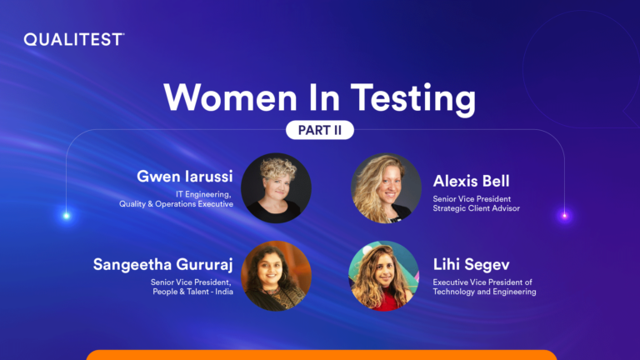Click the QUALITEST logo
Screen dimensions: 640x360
74,40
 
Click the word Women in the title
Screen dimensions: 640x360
230,97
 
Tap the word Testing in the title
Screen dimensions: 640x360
413,99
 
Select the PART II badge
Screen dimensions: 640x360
320,130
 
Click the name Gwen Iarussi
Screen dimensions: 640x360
184,177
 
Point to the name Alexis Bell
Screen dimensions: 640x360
471,181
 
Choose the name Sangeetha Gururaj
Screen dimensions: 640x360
162,264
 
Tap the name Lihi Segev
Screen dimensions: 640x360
471,264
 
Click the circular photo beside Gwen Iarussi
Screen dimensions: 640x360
276,188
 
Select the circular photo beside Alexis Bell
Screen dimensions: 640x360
386,188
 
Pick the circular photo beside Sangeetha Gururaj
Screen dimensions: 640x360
276,276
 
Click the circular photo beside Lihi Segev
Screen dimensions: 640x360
383,276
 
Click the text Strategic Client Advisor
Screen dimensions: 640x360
477,208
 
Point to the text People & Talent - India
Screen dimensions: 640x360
193,292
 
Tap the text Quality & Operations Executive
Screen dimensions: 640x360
177,204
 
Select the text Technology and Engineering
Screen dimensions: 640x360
484,292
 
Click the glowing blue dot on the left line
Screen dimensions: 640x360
66,216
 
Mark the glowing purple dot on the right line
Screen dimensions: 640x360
565,216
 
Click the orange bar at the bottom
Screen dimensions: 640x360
322,355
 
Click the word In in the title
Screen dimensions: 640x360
324,97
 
